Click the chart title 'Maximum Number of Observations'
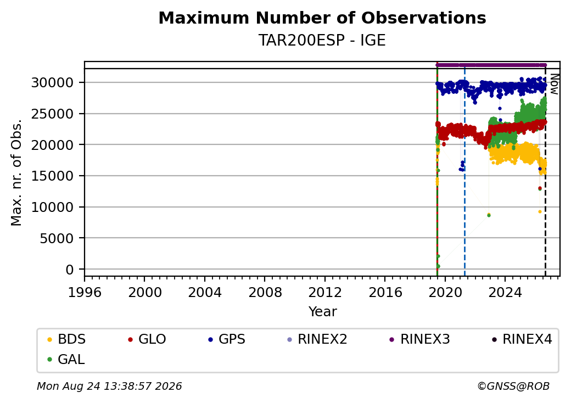[x=322, y=18]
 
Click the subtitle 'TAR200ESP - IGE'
[x=322, y=40]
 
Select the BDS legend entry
[x=66, y=339]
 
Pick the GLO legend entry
[x=147, y=339]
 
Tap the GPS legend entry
[x=227, y=339]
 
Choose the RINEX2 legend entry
[x=317, y=339]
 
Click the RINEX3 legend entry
[x=420, y=339]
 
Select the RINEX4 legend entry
[x=522, y=339]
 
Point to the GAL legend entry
[x=66, y=359]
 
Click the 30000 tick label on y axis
[x=53, y=83]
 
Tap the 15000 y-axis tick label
[x=53, y=176]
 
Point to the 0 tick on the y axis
[x=70, y=270]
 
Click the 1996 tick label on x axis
[x=85, y=292]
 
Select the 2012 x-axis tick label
[x=325, y=292]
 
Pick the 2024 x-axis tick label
[x=505, y=292]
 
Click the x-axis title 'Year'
[x=323, y=312]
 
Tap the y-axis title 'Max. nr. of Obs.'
[x=16, y=172]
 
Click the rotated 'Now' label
[x=555, y=85]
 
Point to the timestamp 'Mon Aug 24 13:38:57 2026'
[x=109, y=386]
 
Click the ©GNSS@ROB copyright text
[x=513, y=386]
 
